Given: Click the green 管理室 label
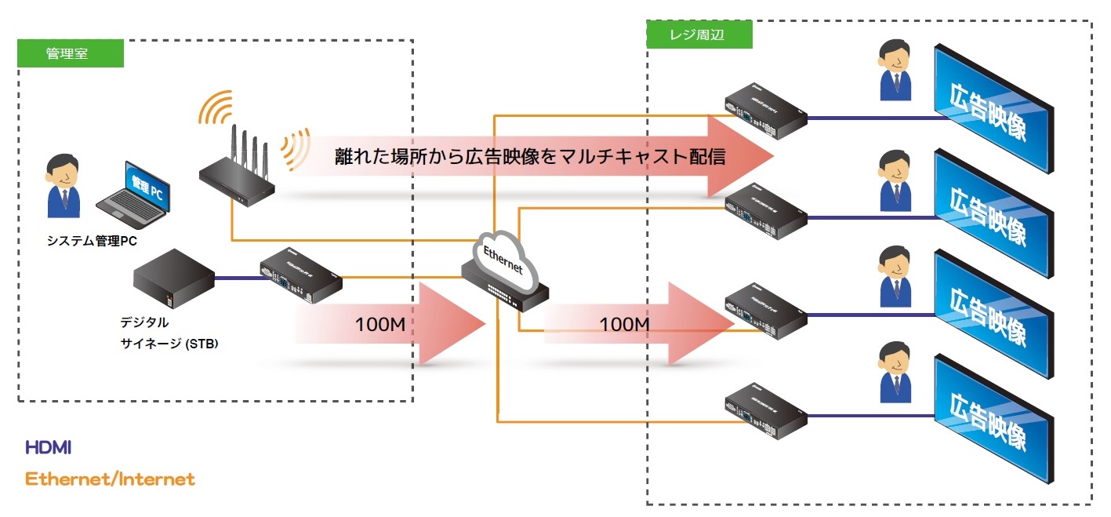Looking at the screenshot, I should point(71,53).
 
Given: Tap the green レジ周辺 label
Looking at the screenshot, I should point(699,34).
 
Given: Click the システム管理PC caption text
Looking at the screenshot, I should point(93,241).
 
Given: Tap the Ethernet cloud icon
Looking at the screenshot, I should point(502,253).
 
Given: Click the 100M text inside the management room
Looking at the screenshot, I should point(379,324).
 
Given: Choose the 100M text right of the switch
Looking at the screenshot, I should point(624,323).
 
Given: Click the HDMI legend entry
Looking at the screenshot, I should point(49,448).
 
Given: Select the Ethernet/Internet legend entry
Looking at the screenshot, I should point(110,479).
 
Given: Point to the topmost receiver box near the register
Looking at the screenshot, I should point(765,111).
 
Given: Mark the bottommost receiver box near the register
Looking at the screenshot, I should point(765,407).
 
